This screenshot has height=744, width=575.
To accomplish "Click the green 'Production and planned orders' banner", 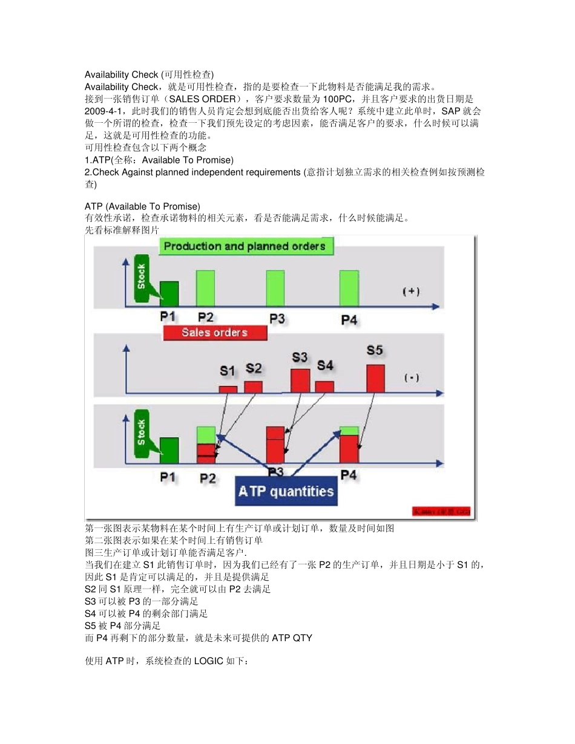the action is [245, 246].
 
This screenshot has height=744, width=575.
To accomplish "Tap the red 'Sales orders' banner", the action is [215, 333].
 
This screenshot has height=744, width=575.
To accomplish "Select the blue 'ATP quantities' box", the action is [286, 491].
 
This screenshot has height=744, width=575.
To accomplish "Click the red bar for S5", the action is [375, 379].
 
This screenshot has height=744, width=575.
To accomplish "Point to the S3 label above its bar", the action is [300, 357].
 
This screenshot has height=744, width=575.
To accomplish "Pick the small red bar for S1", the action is [228, 390].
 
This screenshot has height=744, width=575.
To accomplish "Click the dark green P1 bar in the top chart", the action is [169, 294].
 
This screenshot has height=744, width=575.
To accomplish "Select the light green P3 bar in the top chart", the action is [275, 289].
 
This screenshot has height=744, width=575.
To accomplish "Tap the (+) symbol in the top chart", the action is [412, 291].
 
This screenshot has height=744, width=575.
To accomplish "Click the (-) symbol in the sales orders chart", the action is [412, 377].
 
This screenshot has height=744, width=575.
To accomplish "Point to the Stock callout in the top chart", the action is [142, 277].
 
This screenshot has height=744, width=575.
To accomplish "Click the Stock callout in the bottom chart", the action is [142, 432].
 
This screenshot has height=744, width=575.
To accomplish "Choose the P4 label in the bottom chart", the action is [349, 475].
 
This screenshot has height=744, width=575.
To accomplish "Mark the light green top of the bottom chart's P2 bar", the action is [206, 434].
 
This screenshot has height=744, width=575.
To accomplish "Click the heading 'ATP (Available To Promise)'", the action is [142, 207].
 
